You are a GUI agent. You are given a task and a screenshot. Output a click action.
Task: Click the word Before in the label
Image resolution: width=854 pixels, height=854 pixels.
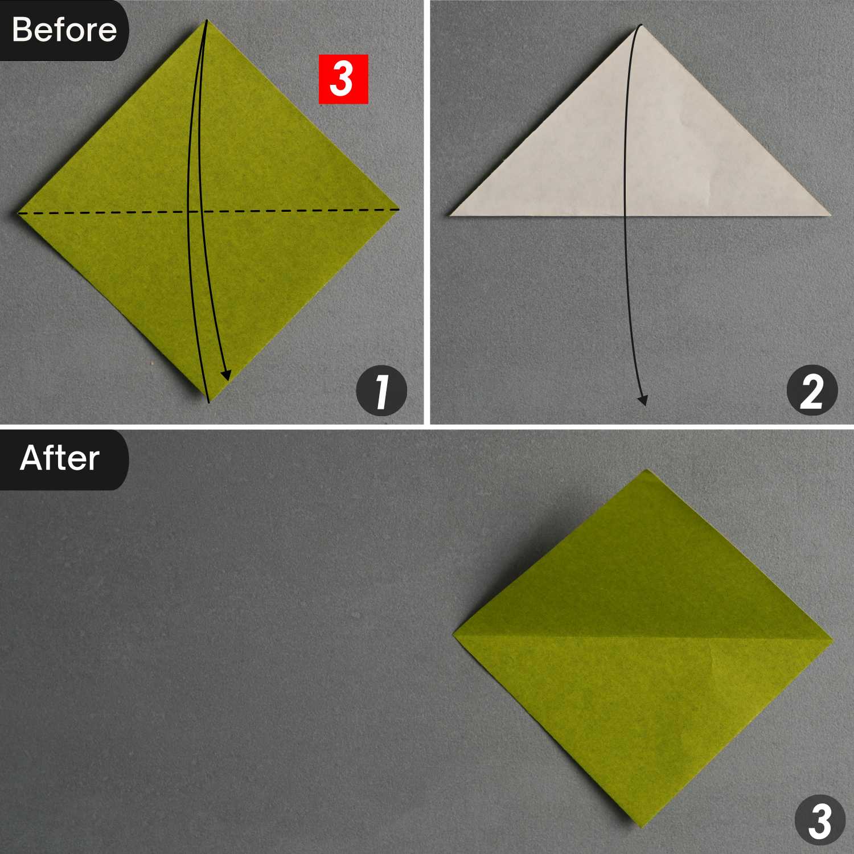point(64,30)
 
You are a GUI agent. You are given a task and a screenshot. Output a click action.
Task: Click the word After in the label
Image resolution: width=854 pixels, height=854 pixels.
point(60,458)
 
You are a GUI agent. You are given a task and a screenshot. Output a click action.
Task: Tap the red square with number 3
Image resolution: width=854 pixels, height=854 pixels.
point(343,79)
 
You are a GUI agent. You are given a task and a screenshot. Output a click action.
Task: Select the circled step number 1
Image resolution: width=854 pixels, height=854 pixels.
point(381,391)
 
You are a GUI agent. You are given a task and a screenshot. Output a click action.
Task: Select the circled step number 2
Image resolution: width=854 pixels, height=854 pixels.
point(812,391)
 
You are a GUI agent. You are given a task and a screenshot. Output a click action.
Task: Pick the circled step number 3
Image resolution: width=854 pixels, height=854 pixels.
point(820,820)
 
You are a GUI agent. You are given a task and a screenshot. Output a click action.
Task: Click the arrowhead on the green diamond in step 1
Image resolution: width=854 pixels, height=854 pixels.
point(226,374)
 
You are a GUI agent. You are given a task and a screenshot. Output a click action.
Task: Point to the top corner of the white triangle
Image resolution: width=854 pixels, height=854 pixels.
point(640,25)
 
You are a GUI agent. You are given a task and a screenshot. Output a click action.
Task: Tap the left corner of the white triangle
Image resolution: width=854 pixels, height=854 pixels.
point(450,215)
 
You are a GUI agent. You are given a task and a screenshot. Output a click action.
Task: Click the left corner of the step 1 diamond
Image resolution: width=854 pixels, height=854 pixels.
point(17,213)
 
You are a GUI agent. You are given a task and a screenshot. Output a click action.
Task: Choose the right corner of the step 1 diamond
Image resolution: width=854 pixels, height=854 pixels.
point(400,209)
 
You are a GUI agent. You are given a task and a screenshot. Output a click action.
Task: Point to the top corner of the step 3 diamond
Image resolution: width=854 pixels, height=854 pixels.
point(647,470)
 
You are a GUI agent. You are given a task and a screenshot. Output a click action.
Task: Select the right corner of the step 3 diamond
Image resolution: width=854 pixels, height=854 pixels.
point(834,639)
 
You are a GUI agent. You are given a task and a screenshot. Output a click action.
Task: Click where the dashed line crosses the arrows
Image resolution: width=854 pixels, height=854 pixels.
point(194,212)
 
